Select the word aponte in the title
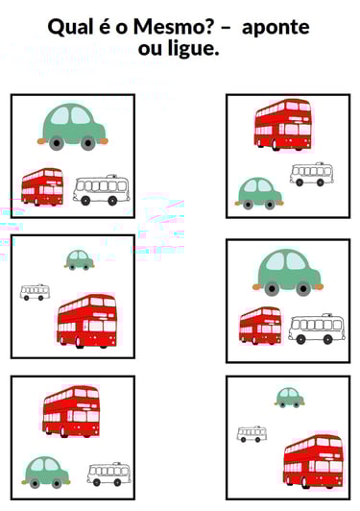coord(276,28)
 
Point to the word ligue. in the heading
coord(193,49)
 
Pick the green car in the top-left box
coord(73,127)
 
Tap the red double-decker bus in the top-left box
coord(42,187)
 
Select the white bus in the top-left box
coord(102,190)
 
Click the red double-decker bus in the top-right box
coord(283,125)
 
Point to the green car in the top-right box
coord(259,193)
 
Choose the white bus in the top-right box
coord(311,175)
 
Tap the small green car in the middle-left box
coord(79,259)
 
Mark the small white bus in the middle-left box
coord(35,292)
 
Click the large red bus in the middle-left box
coord(86,321)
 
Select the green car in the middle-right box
coord(288,273)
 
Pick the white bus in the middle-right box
coord(317,328)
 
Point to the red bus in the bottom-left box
coord(71,411)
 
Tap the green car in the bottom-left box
coord(46,473)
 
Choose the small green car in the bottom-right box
coord(290,398)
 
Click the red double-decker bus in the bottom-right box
coord(313,461)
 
